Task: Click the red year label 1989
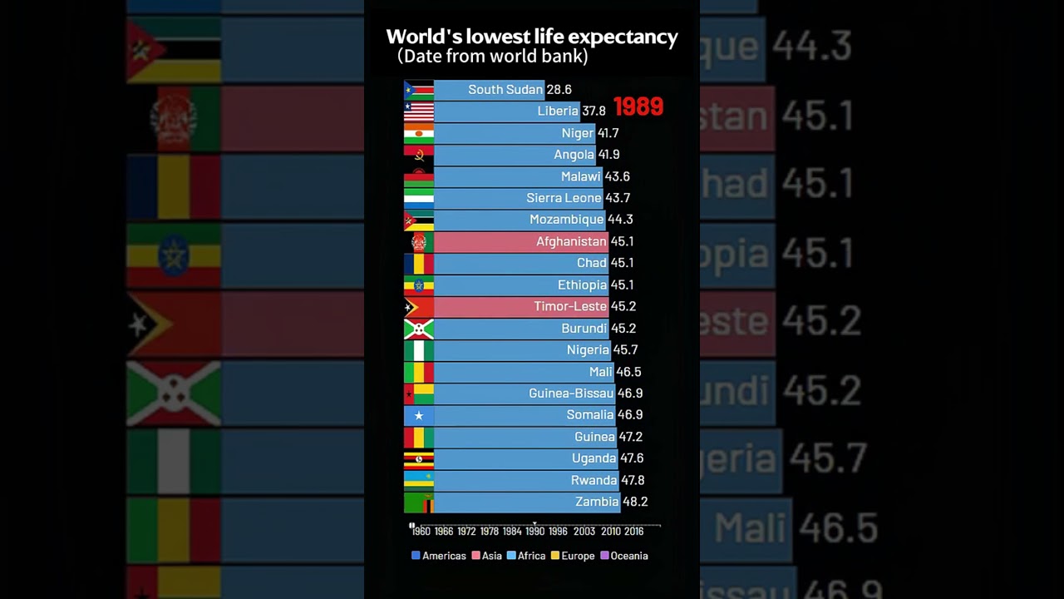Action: tap(638, 107)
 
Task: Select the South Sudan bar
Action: tap(489, 90)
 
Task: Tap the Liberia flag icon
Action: tap(419, 111)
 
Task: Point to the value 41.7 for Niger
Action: tap(608, 133)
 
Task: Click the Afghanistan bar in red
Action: tap(520, 241)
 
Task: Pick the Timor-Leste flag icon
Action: tap(419, 306)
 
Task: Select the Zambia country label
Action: tap(597, 502)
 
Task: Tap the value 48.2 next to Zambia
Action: tap(635, 502)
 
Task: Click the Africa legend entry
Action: tap(526, 556)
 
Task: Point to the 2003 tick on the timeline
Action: tap(584, 531)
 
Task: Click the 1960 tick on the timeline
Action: tap(421, 531)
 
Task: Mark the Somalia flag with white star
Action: tap(419, 415)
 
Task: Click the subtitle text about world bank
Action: tap(493, 57)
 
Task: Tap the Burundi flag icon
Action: tap(419, 329)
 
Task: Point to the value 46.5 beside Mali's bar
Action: tap(628, 372)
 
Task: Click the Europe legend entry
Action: tap(573, 556)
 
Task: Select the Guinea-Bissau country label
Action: tap(571, 394)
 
